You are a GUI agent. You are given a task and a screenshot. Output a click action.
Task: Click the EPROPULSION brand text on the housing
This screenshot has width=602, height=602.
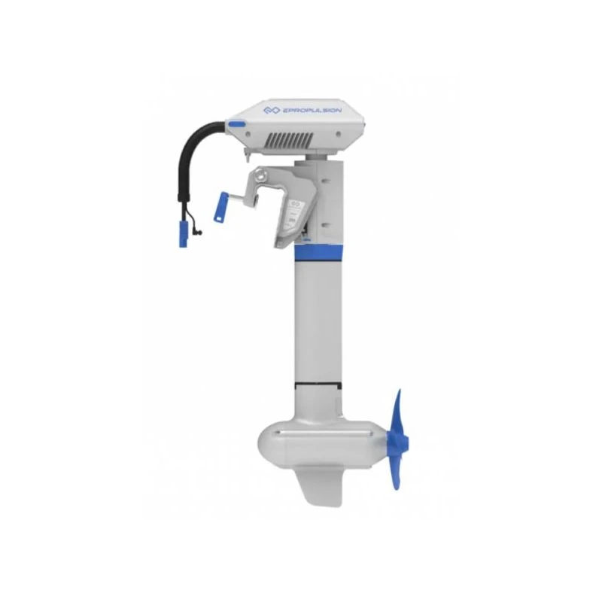click(x=312, y=111)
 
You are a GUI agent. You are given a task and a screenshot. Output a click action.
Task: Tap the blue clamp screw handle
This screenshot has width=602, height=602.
click(x=222, y=207)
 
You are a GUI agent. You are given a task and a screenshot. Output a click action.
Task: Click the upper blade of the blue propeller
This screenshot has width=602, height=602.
click(x=397, y=412)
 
